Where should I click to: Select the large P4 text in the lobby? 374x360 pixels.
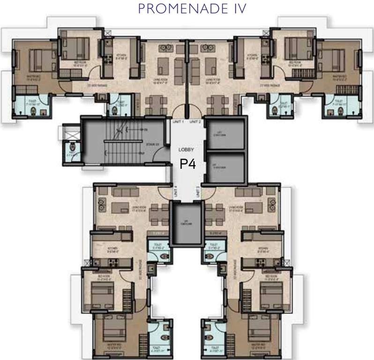[x=187, y=165]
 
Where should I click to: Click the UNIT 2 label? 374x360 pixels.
[x=195, y=122]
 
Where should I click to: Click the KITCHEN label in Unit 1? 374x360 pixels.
[x=120, y=58]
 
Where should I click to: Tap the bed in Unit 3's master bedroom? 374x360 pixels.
[x=260, y=332]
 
